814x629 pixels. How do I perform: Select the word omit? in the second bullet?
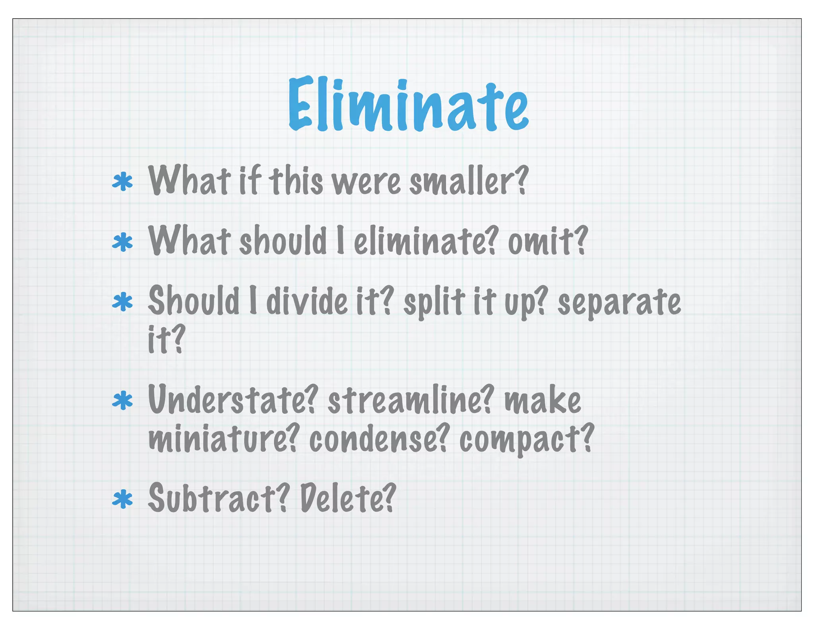point(547,241)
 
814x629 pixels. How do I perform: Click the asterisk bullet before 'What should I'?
point(122,242)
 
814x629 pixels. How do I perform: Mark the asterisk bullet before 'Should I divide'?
point(122,302)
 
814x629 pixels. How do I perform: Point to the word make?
point(543,400)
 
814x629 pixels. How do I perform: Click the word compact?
point(526,439)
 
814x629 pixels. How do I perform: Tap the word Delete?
point(348,498)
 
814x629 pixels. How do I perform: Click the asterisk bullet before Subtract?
point(122,499)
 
